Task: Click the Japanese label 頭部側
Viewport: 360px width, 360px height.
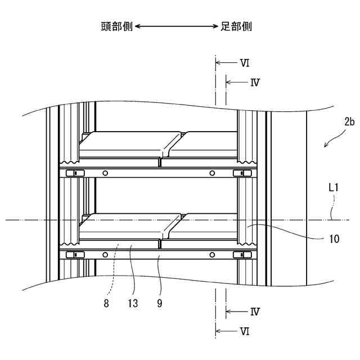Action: coord(116,26)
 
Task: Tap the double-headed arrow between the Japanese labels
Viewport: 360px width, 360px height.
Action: coord(176,26)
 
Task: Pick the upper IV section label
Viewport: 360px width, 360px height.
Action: coord(255,82)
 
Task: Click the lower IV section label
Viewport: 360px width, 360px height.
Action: coord(255,311)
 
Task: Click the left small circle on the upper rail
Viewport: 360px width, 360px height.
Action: coord(105,173)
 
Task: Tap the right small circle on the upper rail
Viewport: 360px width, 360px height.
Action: coord(212,173)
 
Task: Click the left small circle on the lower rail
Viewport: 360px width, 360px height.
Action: coord(105,255)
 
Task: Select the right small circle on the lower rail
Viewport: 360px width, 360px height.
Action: coord(212,255)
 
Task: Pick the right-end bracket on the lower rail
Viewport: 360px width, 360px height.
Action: coord(242,255)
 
